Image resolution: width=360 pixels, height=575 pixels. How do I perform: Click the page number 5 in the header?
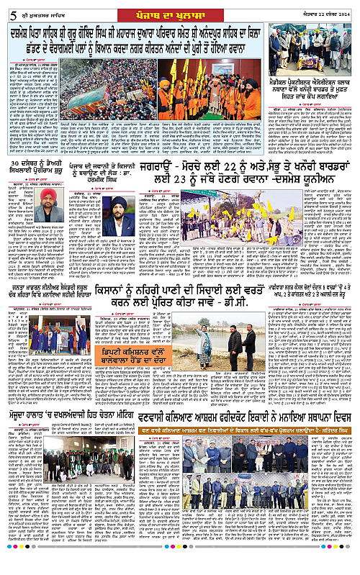(7, 9)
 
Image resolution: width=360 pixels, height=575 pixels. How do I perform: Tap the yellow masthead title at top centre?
(179, 9)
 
